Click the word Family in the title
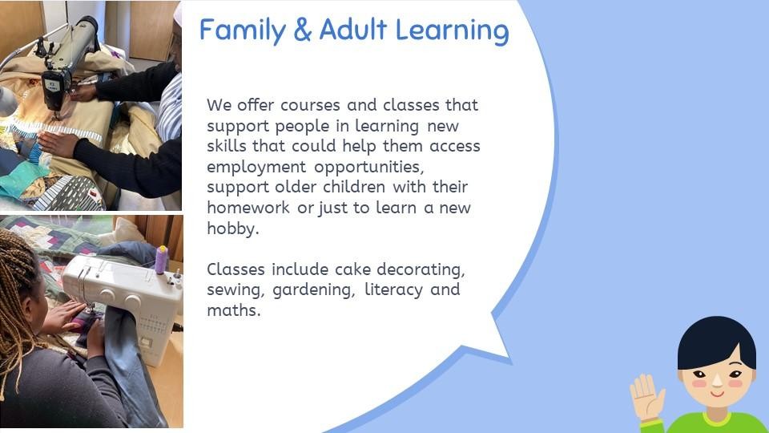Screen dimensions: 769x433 (x=242, y=31)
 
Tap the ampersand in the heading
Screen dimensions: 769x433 (x=303, y=30)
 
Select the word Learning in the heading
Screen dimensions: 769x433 (x=452, y=31)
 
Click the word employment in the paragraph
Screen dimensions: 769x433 (x=256, y=168)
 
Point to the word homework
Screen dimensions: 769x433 (x=248, y=208)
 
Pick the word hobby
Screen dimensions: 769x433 (x=233, y=229)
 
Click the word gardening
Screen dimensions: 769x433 (x=313, y=290)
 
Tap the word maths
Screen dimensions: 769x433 (x=233, y=310)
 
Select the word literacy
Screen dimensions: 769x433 (x=393, y=290)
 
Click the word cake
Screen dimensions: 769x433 (x=352, y=269)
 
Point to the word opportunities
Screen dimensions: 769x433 (x=368, y=168)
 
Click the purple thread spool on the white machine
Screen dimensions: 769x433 (x=161, y=260)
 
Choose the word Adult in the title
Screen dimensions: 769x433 (x=353, y=30)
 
